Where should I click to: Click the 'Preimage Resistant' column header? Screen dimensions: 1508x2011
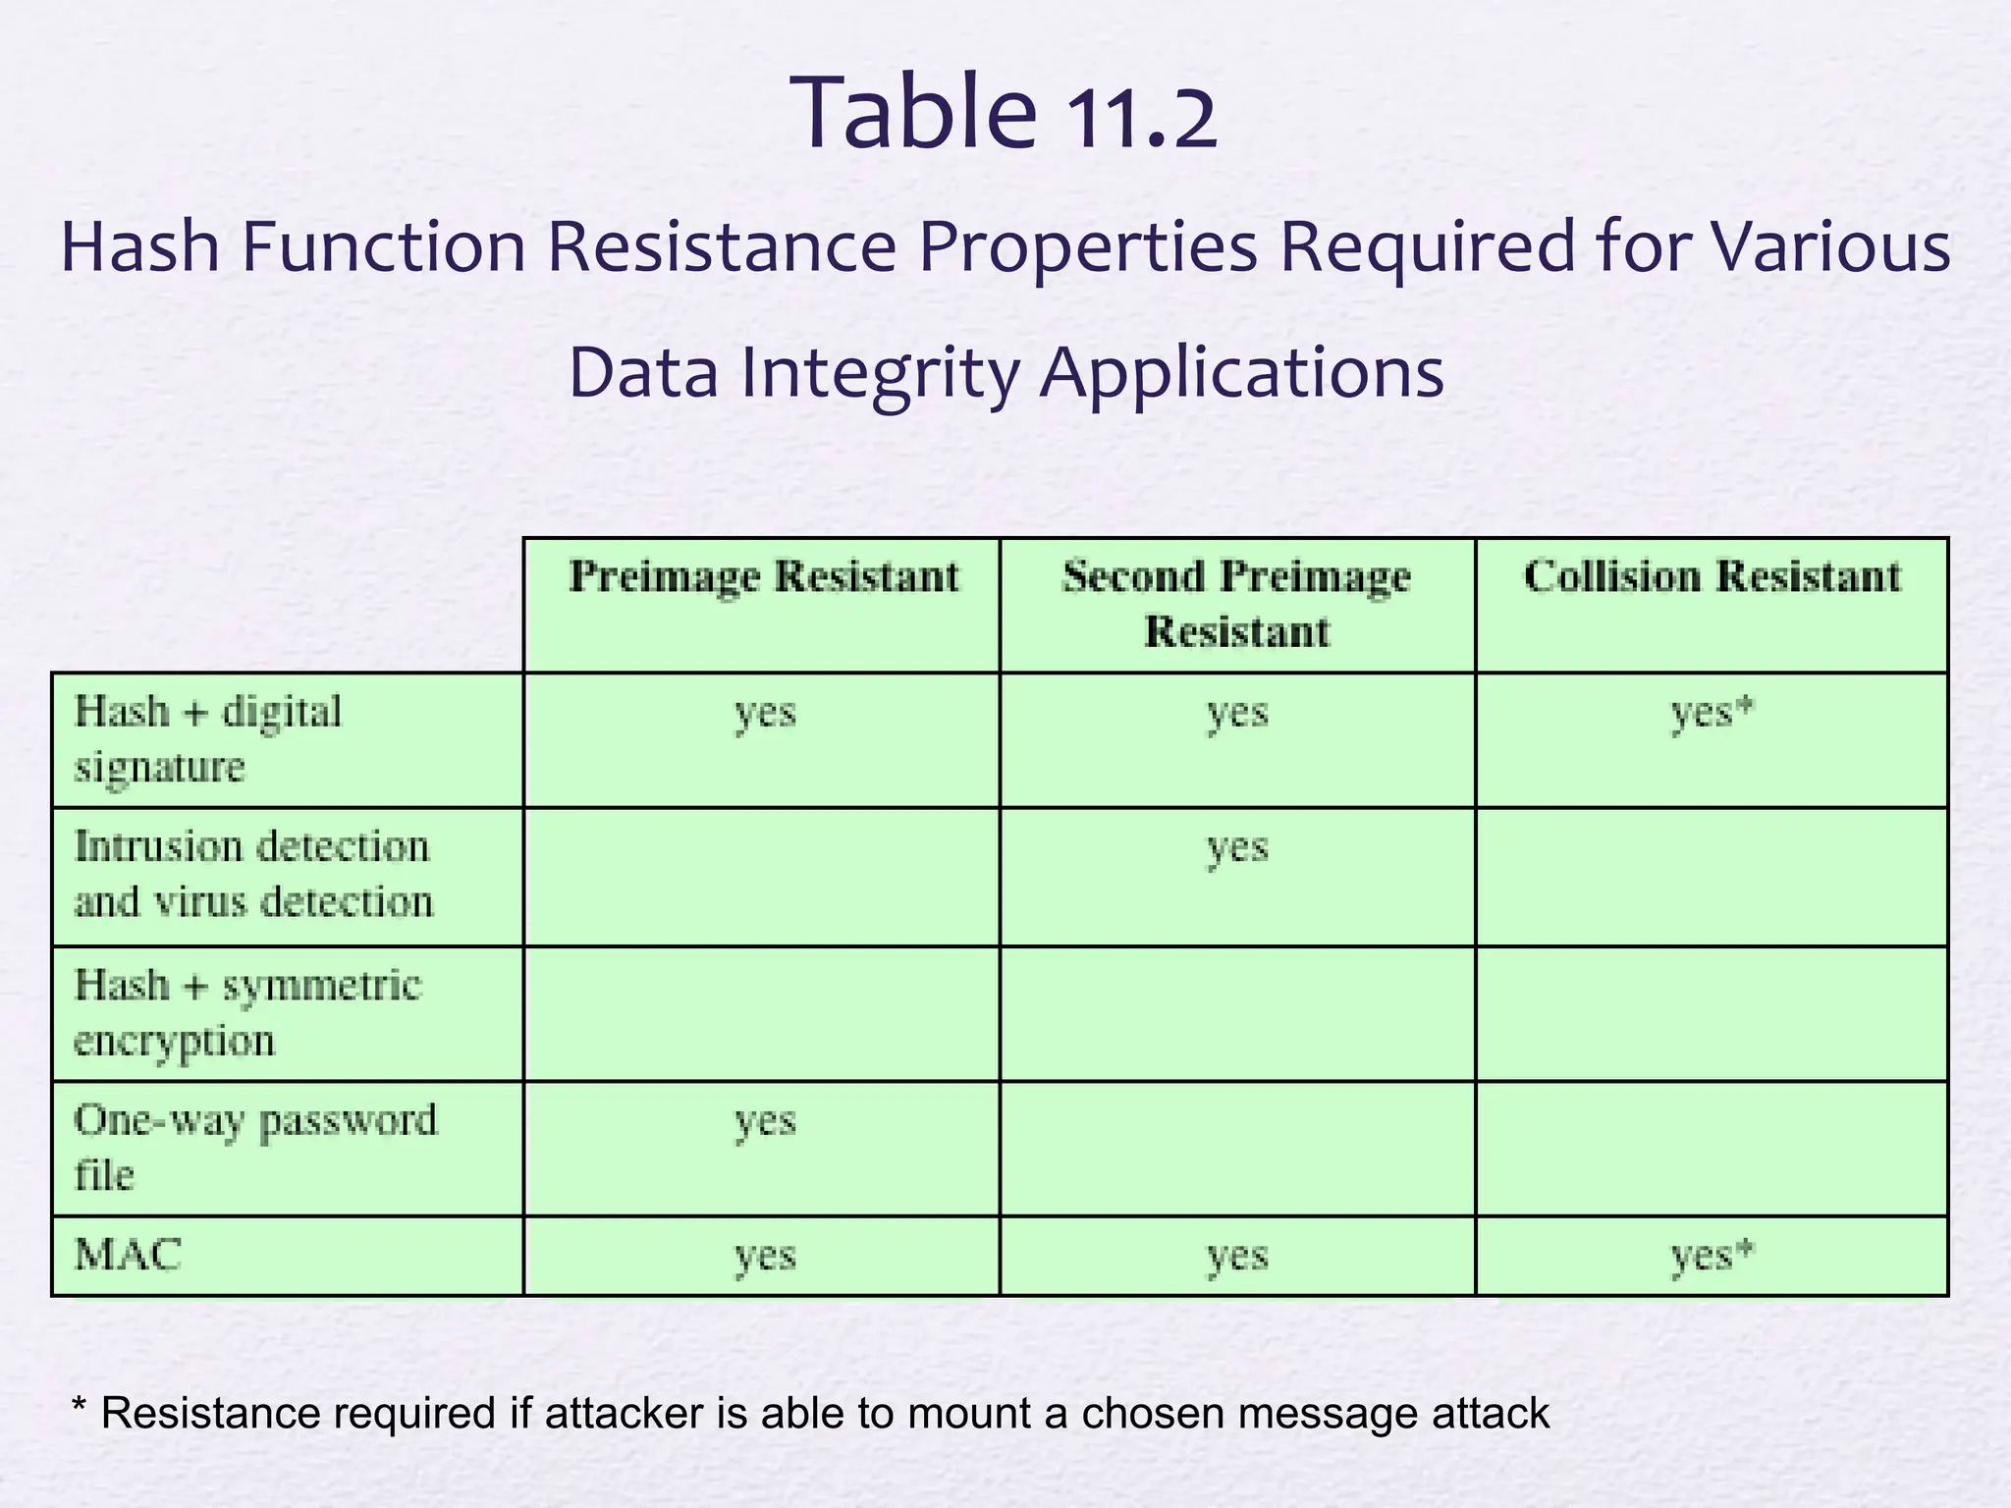pos(764,576)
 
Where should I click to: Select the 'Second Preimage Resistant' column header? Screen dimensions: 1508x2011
pos(1236,603)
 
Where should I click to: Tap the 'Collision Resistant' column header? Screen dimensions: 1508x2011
pos(1712,576)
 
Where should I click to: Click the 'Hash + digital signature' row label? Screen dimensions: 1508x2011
pos(208,738)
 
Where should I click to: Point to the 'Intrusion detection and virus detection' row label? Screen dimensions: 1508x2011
pos(253,874)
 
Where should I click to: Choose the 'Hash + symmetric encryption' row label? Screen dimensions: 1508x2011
pos(247,1011)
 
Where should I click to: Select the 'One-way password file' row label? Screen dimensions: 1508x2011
pos(255,1147)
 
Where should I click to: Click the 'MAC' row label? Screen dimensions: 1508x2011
pos(129,1255)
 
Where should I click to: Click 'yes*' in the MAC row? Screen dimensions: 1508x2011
pos(1712,1256)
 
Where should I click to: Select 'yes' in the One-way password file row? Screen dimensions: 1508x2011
pos(765,1121)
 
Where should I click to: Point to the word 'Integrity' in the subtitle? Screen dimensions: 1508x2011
pos(881,373)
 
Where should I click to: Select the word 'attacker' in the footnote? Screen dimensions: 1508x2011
pos(624,1414)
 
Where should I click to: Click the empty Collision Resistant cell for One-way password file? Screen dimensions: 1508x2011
pos(1712,1149)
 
